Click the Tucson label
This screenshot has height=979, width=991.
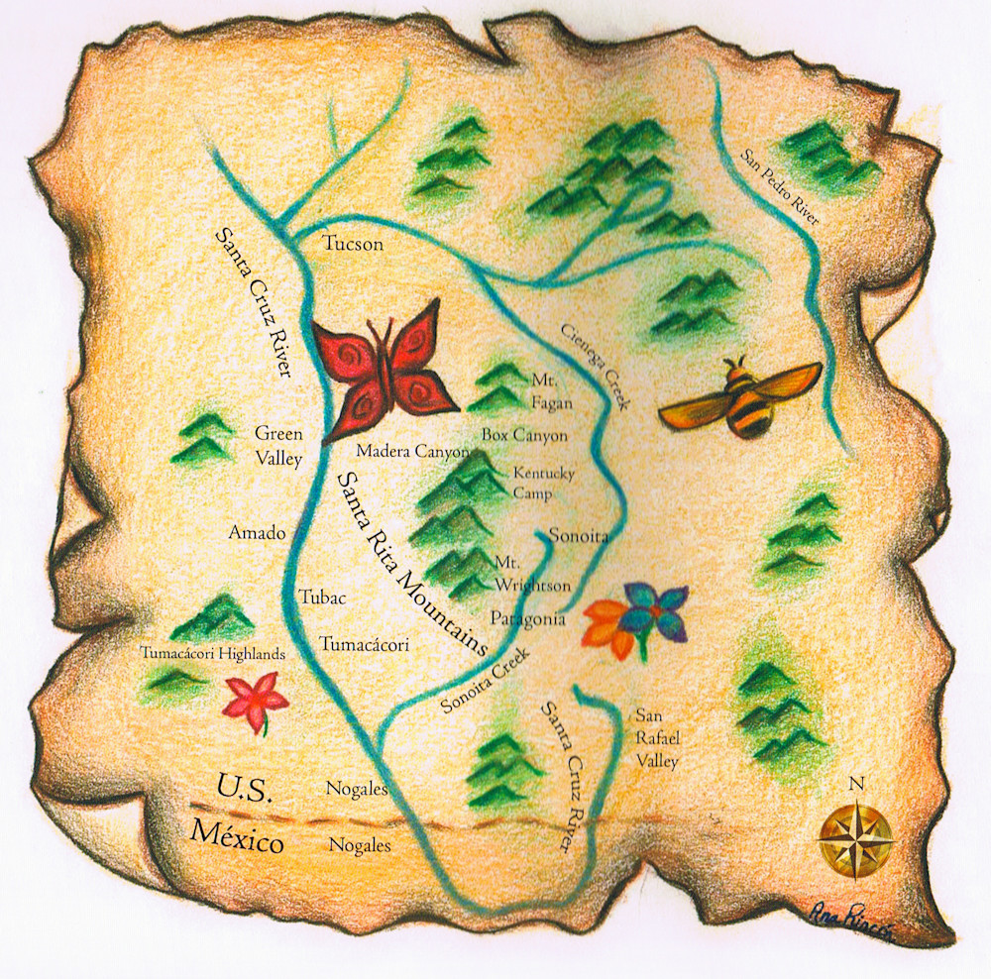[352, 244]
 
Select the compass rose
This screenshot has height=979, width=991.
[856, 834]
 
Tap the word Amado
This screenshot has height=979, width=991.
[257, 531]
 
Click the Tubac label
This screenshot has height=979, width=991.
[322, 597]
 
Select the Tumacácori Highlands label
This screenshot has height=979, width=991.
[213, 654]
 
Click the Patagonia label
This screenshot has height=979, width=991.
[528, 618]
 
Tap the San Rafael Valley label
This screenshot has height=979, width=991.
[657, 737]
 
